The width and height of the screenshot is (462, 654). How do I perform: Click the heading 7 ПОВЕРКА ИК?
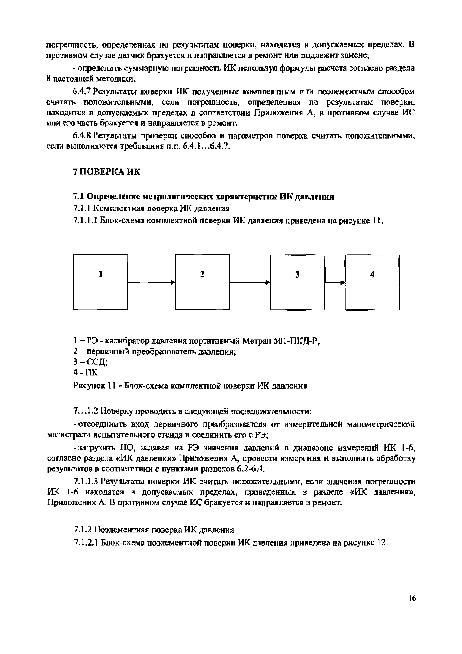[107, 172]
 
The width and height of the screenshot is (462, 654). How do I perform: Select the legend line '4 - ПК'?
[85, 372]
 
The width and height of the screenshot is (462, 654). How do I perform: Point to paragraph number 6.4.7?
[81, 92]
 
